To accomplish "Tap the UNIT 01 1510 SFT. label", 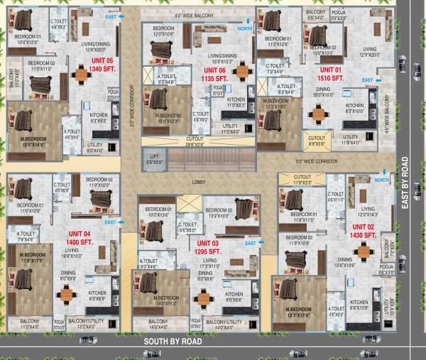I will [x=331, y=74].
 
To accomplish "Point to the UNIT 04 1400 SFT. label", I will [x=80, y=237].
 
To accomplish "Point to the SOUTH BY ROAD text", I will [x=173, y=342].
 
